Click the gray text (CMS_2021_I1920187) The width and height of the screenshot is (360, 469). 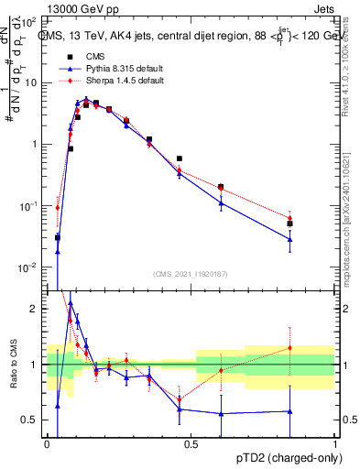(x=191, y=274)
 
